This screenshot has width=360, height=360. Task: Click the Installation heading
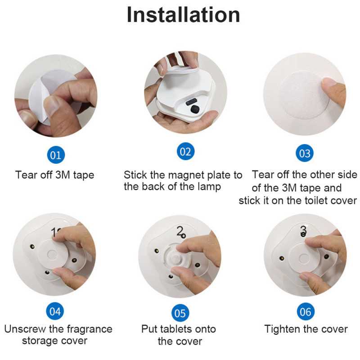click(x=183, y=15)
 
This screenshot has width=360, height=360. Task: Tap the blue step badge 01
click(x=56, y=155)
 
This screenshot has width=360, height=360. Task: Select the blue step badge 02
click(x=185, y=151)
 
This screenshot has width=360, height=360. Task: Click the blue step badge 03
click(x=305, y=153)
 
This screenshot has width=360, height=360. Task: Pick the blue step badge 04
click(x=55, y=311)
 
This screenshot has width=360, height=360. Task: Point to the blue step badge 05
click(x=180, y=313)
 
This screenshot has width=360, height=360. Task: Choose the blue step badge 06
click(x=306, y=311)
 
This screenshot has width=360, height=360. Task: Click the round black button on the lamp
click(x=195, y=109)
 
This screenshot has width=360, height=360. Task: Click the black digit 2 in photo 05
click(x=180, y=231)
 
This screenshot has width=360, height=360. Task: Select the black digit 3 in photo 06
click(x=303, y=230)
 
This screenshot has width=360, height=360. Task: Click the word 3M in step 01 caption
click(x=63, y=175)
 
